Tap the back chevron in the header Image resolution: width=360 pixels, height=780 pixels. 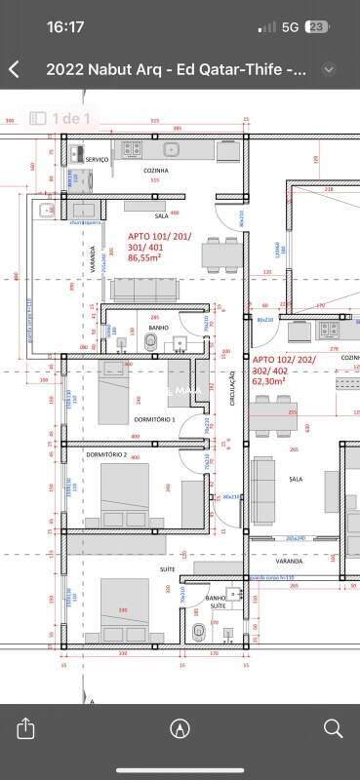click(x=14, y=69)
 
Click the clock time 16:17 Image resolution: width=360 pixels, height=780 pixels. click(x=65, y=27)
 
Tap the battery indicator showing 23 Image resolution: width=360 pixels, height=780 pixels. click(x=317, y=27)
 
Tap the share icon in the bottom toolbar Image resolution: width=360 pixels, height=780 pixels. click(x=26, y=728)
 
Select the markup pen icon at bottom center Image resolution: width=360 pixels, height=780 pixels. click(x=180, y=728)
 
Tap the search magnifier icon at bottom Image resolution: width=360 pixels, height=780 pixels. click(x=333, y=728)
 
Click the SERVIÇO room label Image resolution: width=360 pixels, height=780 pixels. click(x=96, y=159)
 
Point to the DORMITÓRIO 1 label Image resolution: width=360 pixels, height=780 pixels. click(x=154, y=418)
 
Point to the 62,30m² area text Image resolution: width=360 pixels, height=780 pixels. click(x=270, y=382)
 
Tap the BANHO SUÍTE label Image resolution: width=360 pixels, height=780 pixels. click(x=216, y=603)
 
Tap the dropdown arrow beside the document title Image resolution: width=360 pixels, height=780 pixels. click(x=329, y=69)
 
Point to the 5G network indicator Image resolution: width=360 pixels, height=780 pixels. click(x=290, y=27)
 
